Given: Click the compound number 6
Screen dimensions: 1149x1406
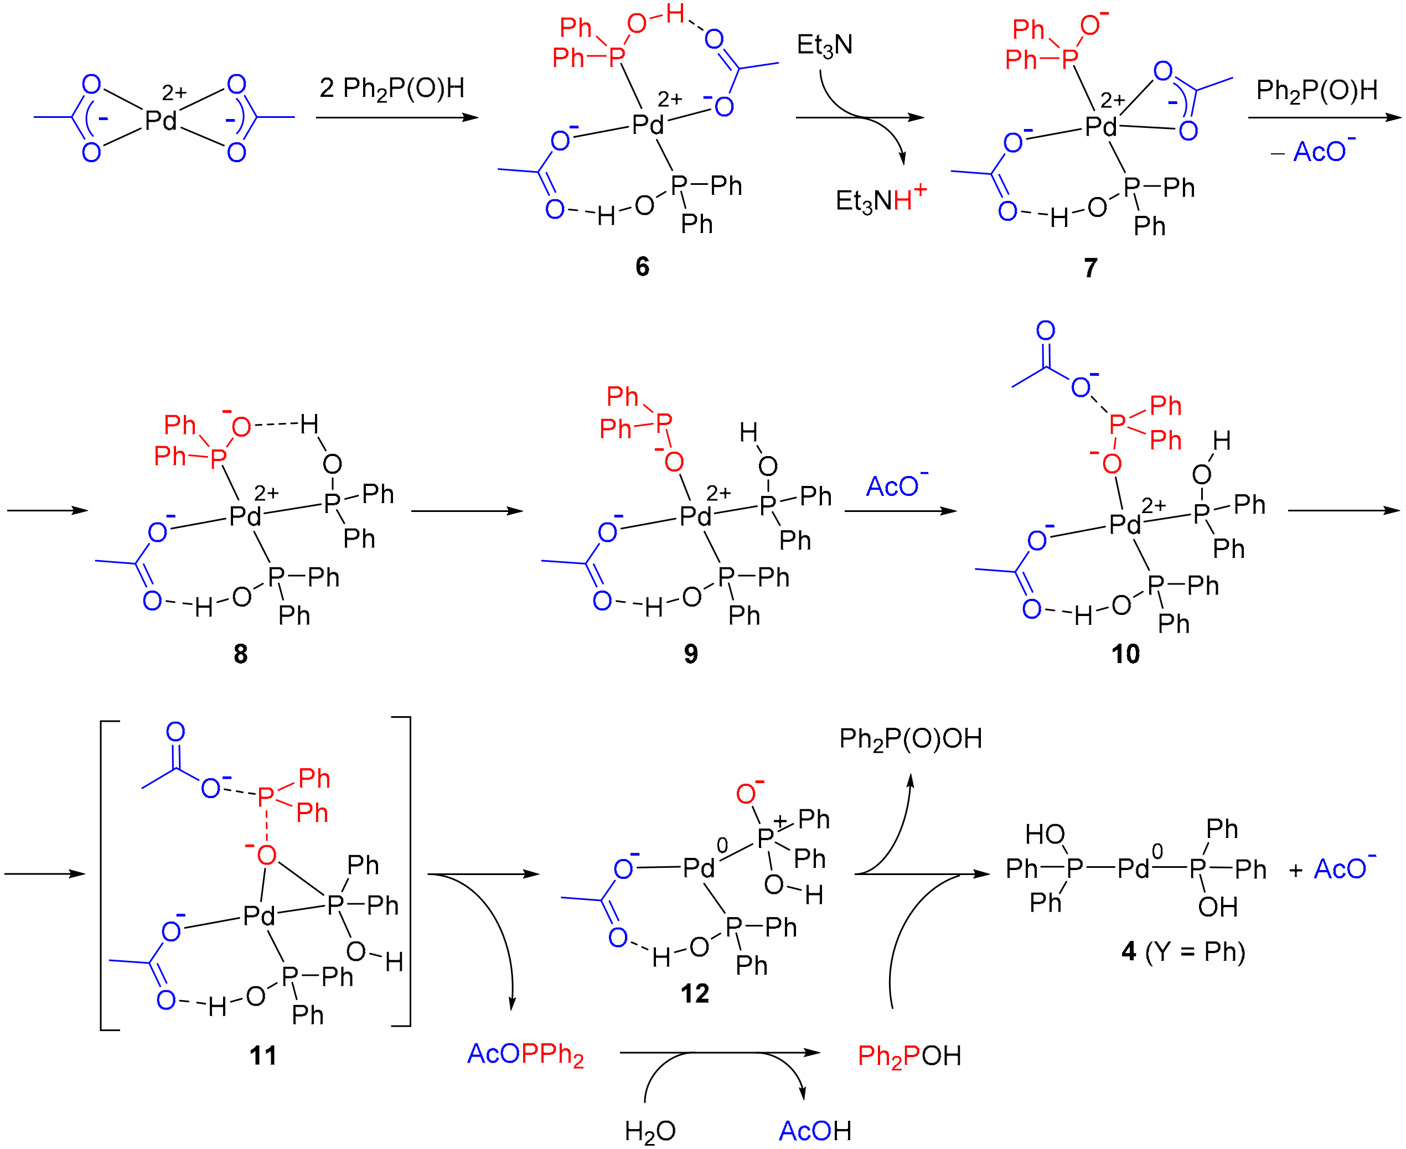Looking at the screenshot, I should (x=642, y=266).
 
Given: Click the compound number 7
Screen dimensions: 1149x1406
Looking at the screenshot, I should (x=1090, y=267).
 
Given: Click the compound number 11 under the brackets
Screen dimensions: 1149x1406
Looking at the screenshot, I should (x=263, y=1055).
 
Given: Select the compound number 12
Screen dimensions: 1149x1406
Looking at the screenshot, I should (x=694, y=993).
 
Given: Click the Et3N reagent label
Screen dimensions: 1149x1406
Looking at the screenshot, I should (x=824, y=45).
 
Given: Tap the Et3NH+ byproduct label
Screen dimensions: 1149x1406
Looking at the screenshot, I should (x=880, y=199).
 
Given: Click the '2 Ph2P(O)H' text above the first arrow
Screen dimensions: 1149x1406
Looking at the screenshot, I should (x=392, y=88).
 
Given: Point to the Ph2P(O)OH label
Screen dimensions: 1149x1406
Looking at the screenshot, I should (x=910, y=739).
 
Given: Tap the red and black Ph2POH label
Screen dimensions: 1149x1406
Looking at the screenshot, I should (x=909, y=1055).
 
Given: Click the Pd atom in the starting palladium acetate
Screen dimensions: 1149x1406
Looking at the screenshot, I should (x=161, y=121).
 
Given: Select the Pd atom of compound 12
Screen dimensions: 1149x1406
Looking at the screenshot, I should (x=699, y=868).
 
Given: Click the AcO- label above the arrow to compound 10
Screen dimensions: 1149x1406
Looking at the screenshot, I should (x=896, y=486).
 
